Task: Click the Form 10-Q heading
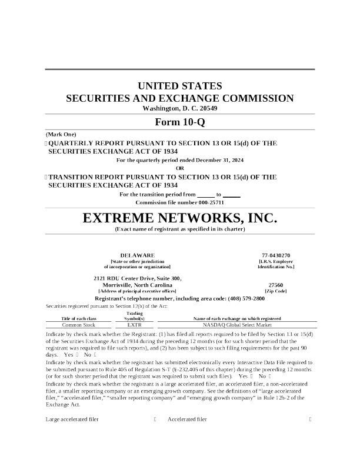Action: (179, 122)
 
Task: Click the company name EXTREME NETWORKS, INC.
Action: (179, 219)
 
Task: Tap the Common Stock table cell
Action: (79, 324)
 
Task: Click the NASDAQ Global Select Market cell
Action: (237, 324)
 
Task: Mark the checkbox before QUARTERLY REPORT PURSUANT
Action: (46, 143)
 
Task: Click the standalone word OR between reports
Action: (180, 168)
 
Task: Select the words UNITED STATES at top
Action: (179, 86)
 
